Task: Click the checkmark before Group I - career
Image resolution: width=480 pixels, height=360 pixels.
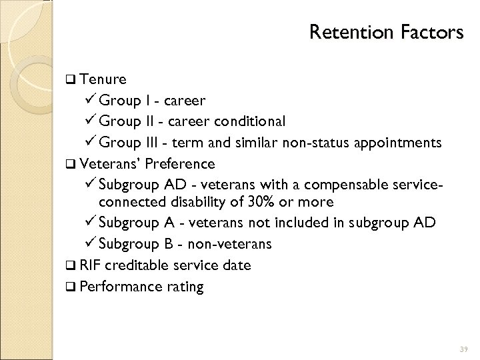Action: click(x=93, y=101)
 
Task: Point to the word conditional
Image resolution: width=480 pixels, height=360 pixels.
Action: click(x=249, y=121)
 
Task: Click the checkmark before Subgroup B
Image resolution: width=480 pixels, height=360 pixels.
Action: click(x=93, y=243)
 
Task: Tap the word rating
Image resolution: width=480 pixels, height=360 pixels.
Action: click(x=182, y=287)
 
